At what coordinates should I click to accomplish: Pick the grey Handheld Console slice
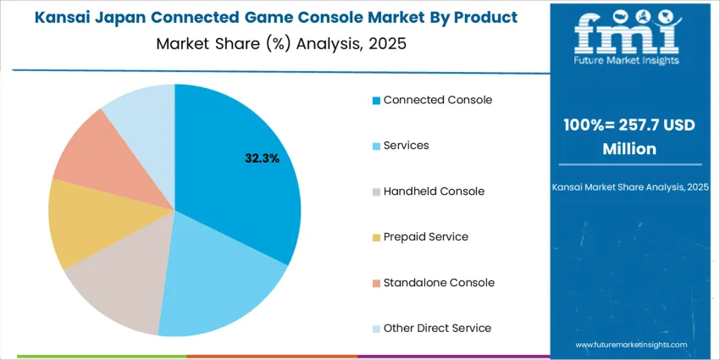119,280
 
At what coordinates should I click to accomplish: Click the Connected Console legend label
437,100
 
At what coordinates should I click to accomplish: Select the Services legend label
406,146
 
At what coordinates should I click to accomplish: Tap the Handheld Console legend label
434,191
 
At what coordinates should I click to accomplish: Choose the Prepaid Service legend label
425,237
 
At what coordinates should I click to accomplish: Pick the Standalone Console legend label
438,283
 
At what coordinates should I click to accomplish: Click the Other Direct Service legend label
436,329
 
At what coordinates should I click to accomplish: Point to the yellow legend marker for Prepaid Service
376,238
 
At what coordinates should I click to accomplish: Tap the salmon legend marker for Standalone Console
376,284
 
